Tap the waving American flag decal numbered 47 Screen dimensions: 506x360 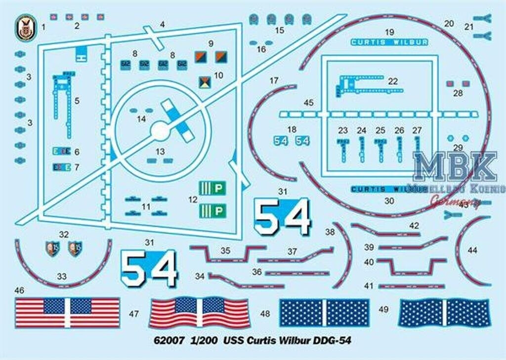199,312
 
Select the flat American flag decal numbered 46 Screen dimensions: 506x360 67,312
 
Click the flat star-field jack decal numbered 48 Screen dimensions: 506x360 324,313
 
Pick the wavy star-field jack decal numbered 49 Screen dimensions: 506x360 444,313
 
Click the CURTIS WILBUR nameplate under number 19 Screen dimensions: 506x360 389,42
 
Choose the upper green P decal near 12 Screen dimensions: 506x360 212,188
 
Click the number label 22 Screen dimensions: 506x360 393,81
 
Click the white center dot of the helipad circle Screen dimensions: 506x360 160,131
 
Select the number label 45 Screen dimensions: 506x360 309,103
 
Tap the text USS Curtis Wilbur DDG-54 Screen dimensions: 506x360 287,341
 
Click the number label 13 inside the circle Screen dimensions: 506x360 160,152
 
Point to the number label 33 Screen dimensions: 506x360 62,277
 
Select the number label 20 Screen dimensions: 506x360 449,23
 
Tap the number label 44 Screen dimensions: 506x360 472,250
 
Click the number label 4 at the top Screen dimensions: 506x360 162,24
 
